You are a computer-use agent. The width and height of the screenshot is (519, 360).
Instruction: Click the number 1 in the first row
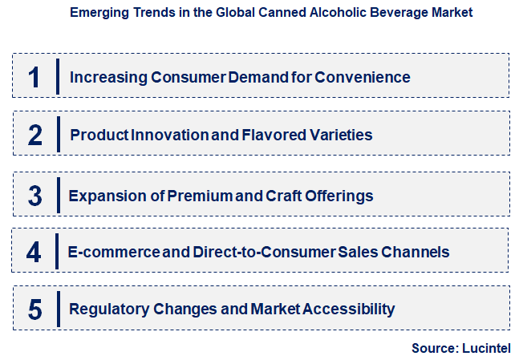coord(34,77)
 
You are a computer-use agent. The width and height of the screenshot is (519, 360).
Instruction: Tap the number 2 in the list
coord(34,135)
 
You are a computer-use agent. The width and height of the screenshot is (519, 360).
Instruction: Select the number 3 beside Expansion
coord(34,196)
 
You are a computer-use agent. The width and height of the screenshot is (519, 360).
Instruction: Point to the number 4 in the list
coord(34,252)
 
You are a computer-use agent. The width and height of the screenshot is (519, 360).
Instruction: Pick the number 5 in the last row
coord(34,309)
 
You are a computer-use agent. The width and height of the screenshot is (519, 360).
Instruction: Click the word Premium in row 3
coord(199,196)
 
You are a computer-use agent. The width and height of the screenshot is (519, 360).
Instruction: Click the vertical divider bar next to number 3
coord(58,196)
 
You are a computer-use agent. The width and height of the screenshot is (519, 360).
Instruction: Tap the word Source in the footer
coord(433,348)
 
